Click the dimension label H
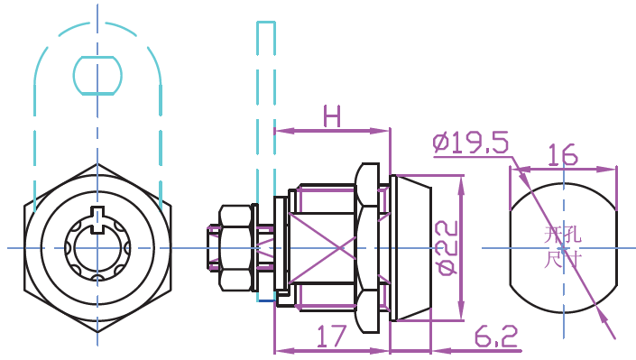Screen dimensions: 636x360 coord(332,116)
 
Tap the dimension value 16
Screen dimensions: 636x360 coord(563,154)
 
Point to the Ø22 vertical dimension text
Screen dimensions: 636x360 coord(447,247)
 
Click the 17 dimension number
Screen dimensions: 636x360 coord(332,336)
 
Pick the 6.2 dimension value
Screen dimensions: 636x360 coord(496,336)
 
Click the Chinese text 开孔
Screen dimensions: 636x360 coord(562,235)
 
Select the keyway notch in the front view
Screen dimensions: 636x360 coord(97,220)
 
